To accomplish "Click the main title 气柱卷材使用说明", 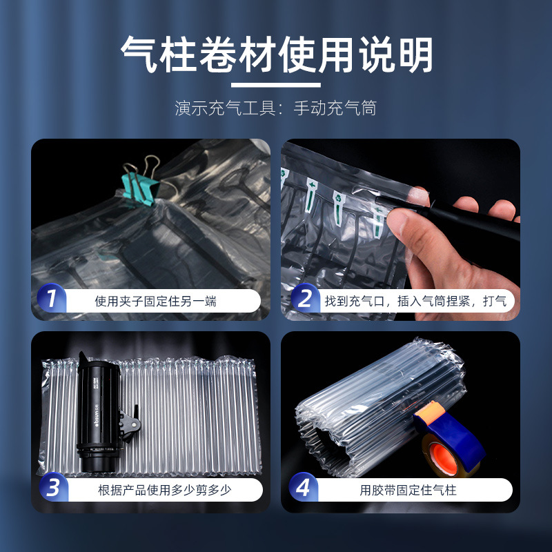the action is point(277,55).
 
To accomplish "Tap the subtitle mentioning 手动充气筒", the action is point(276,108).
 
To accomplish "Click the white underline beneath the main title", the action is point(275,85).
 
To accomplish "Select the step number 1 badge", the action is point(52,298).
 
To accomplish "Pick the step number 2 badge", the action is point(305,298).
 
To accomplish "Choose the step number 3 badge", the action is point(54,487).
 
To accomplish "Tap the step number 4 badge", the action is point(303,487).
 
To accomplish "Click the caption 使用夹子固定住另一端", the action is point(156,302).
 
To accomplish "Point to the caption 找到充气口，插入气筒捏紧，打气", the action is point(415,301).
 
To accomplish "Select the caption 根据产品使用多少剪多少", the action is point(164,490).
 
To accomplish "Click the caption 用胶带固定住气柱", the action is point(408,490).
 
